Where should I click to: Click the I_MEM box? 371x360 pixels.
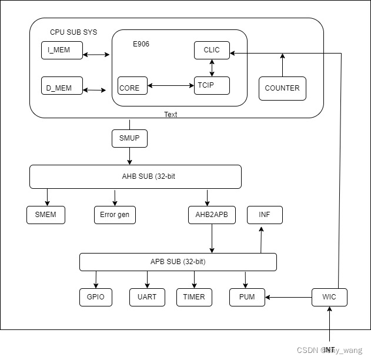(x=59, y=50)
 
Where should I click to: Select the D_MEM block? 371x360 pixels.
(x=59, y=88)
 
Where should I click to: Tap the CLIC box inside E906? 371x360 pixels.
(x=212, y=50)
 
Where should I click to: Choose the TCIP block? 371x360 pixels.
(x=212, y=85)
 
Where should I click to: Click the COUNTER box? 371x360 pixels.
(x=282, y=88)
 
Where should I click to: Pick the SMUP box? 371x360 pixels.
(x=129, y=139)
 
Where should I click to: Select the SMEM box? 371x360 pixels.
(x=46, y=215)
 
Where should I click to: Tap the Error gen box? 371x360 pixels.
(x=115, y=215)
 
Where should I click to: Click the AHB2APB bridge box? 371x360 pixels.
(x=212, y=215)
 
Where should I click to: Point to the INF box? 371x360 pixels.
(x=265, y=215)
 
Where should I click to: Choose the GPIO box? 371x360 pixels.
(x=95, y=297)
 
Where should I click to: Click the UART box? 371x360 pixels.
(x=147, y=297)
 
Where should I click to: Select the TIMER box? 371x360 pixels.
(x=194, y=297)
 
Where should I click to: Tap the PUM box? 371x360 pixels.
(x=247, y=297)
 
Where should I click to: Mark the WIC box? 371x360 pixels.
(x=329, y=297)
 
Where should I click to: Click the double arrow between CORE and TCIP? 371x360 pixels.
(x=171, y=86)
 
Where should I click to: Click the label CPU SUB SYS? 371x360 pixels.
(x=73, y=32)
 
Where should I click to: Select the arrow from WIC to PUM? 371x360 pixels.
(x=288, y=297)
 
